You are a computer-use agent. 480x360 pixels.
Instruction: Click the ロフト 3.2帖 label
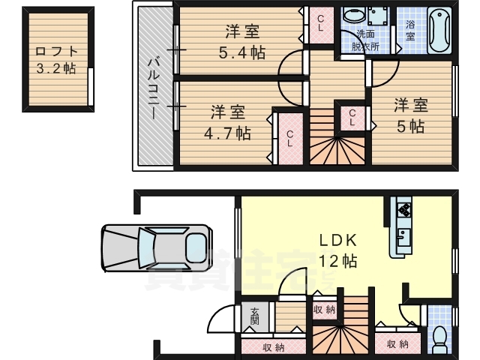coord(55,60)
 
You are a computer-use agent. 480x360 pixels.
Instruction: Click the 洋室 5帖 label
coord(410,115)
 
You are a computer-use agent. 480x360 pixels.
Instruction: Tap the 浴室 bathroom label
coord(410,29)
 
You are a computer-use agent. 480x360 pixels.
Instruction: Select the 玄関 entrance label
coord(255,317)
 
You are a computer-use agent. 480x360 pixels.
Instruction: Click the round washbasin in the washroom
coord(352,16)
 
